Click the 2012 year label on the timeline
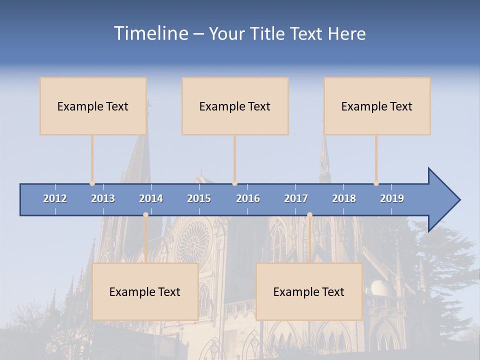[x=55, y=198]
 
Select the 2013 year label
[x=103, y=198]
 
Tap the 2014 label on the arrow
[x=151, y=198]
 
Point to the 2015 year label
[x=199, y=198]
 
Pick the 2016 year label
[x=248, y=198]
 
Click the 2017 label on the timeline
[x=296, y=198]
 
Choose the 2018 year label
[x=344, y=198]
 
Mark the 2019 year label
[x=392, y=198]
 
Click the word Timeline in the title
[x=150, y=33]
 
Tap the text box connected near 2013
[x=93, y=106]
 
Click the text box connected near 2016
[x=235, y=106]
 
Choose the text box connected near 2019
[x=377, y=106]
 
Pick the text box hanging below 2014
[x=145, y=291]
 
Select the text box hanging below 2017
[x=309, y=291]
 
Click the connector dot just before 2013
[x=92, y=183]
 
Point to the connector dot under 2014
[x=145, y=215]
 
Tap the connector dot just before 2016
[x=234, y=183]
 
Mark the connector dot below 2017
[x=309, y=215]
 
